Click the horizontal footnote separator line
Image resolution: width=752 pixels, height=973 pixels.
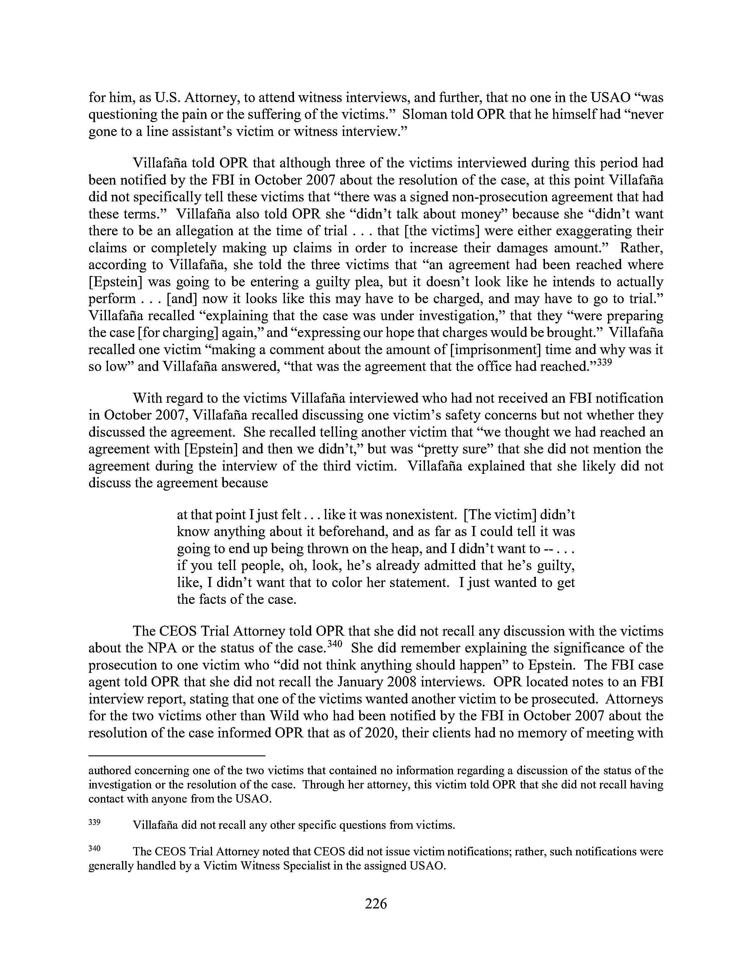coord(177,756)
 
